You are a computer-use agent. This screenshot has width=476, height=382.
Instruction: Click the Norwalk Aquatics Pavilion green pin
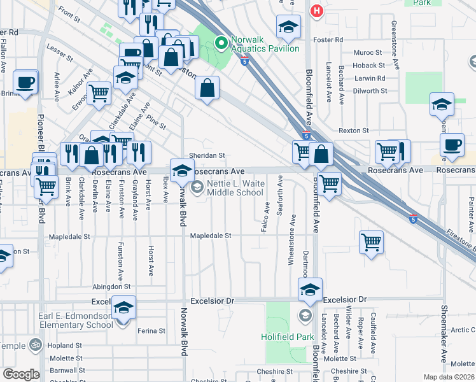point(221,43)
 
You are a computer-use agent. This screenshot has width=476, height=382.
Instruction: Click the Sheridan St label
point(207,155)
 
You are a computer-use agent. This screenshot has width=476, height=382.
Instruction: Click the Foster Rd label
point(328,39)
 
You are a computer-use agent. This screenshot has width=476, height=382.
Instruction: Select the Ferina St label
point(151,330)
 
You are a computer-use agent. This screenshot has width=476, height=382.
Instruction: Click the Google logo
point(21,374)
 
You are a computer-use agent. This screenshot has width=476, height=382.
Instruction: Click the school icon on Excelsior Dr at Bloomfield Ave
point(310,290)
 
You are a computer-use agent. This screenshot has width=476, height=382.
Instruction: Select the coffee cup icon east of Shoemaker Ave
point(452,145)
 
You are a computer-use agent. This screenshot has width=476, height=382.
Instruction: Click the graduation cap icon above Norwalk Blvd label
point(182,170)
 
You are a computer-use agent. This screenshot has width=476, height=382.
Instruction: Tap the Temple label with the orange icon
point(14,346)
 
